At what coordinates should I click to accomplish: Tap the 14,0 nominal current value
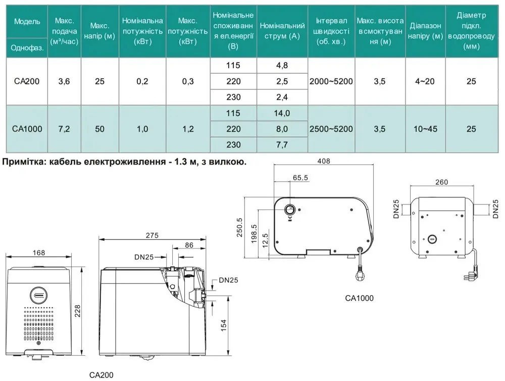pos(282,113)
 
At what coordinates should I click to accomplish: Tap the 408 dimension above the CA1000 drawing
pos(324,161)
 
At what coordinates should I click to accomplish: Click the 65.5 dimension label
pos(300,178)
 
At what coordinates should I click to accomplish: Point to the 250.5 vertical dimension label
pos(240,227)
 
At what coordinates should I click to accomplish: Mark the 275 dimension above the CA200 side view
pos(152,235)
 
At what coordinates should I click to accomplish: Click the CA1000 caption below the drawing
pos(359,298)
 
